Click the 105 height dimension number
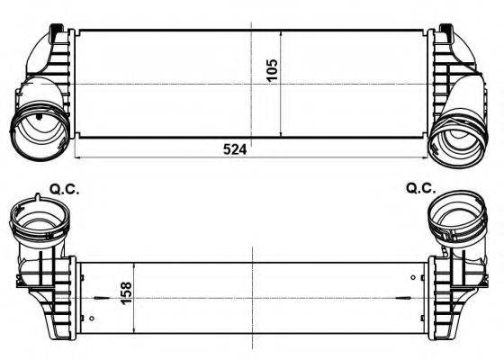point(273,69)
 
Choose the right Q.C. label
point(420,188)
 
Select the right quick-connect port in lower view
point(455,215)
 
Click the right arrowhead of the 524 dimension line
point(425,157)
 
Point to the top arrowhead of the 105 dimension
point(283,32)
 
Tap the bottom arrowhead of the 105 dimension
point(283,136)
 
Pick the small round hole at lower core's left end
point(93,318)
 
